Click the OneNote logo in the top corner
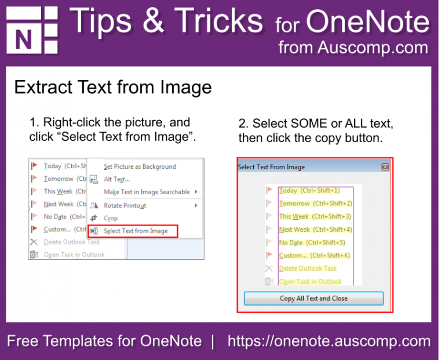click(x=32, y=30)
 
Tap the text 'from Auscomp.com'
click(x=353, y=48)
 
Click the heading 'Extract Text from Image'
click(x=113, y=88)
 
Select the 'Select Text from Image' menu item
click(x=136, y=231)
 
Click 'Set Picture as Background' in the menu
click(x=140, y=166)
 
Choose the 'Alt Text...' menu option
click(x=116, y=179)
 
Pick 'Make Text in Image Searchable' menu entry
click(x=147, y=192)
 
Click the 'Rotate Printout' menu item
click(x=125, y=205)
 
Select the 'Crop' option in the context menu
click(x=111, y=218)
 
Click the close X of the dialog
click(x=385, y=167)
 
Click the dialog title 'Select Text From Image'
click(x=271, y=167)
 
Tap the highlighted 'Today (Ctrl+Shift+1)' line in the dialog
click(x=309, y=190)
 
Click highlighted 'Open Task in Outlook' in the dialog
click(x=310, y=282)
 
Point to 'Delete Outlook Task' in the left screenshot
click(x=72, y=242)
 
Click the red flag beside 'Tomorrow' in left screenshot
click(x=34, y=179)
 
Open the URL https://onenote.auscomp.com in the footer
click(x=329, y=341)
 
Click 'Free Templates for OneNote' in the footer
click(x=104, y=341)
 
